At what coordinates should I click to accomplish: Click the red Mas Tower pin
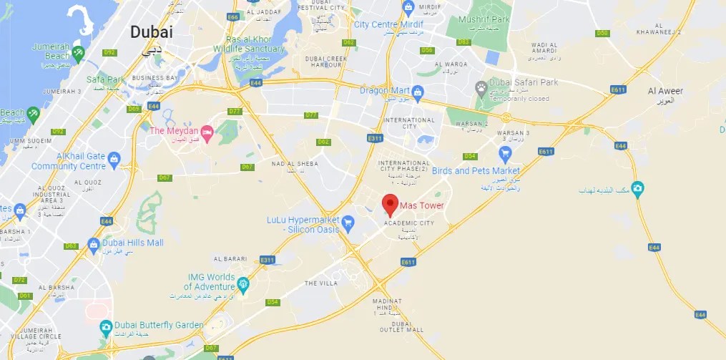[x=390, y=204]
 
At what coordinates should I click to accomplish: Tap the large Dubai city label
[x=151, y=32]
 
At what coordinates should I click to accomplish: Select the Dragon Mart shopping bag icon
[x=418, y=91]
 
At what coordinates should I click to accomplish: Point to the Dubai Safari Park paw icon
[x=481, y=87]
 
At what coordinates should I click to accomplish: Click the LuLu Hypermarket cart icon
[x=348, y=223]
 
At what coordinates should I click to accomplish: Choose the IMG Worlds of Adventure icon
[x=243, y=286]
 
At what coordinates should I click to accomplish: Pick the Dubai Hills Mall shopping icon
[x=93, y=243]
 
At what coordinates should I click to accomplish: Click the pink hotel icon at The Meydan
[x=207, y=131]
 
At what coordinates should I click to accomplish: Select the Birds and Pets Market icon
[x=505, y=154]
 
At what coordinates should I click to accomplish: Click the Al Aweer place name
[x=665, y=91]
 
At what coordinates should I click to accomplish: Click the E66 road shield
[x=232, y=16]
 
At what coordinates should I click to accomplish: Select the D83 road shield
[x=463, y=42]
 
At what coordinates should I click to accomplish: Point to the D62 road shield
[x=324, y=142]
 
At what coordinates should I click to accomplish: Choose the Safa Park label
[x=105, y=79]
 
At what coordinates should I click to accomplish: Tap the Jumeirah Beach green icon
[x=78, y=52]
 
